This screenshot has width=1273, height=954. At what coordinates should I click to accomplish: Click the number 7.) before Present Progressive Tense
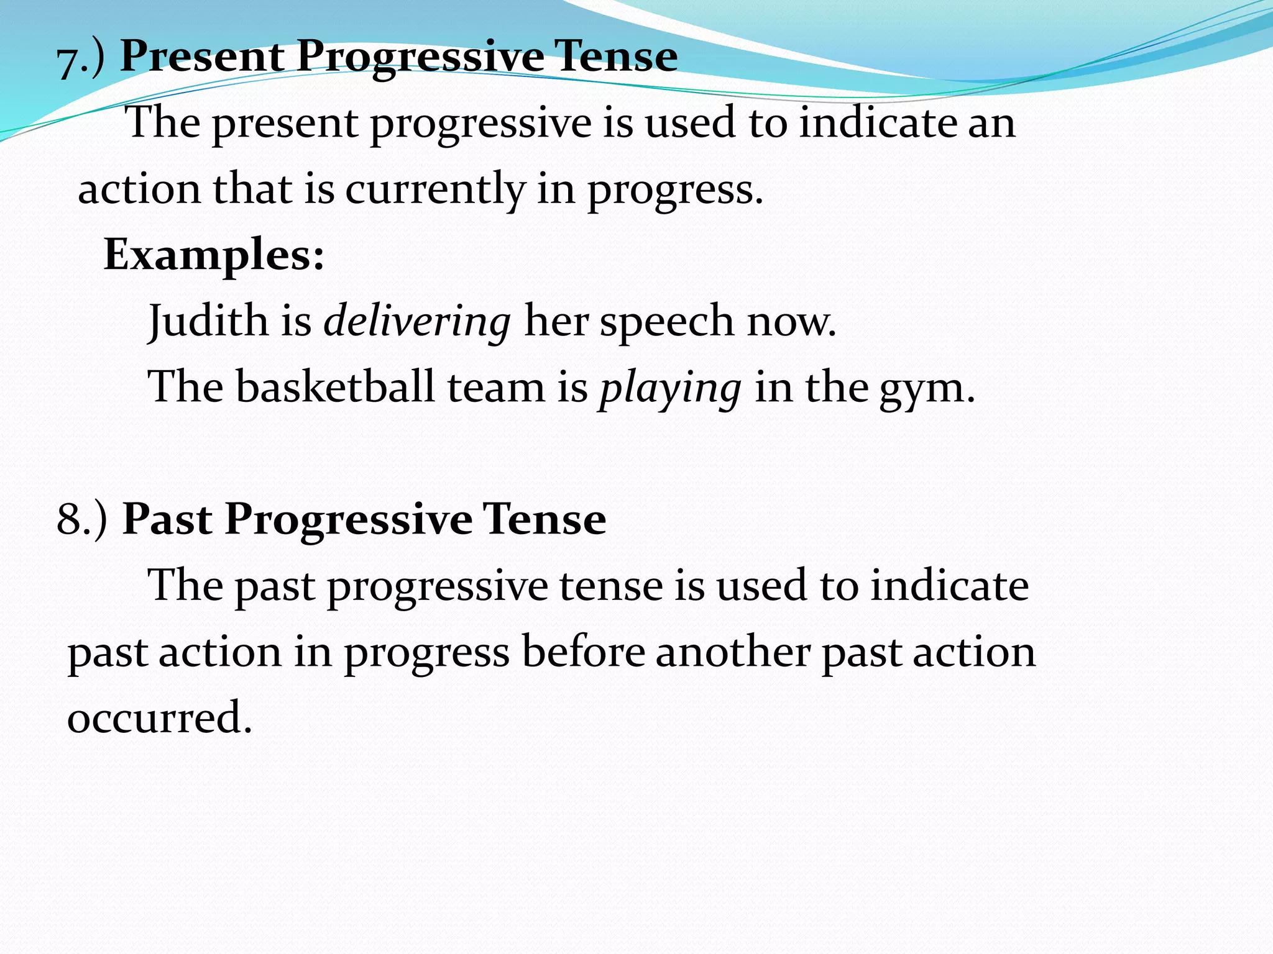(x=80, y=60)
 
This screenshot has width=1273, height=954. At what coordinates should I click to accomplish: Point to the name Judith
(x=208, y=322)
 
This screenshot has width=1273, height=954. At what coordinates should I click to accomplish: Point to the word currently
(x=435, y=190)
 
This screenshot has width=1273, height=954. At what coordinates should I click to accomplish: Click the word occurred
(x=159, y=718)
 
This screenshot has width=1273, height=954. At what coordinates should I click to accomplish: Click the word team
(x=496, y=388)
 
